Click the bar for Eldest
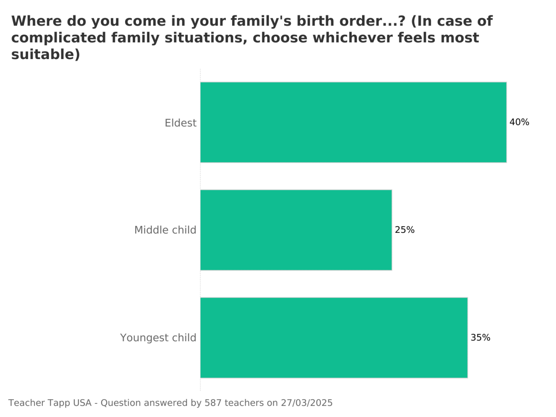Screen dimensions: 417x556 click(353, 122)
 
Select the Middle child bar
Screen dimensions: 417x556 click(296, 230)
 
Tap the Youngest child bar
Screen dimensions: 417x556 click(334, 337)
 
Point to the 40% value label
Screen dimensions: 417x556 click(519, 122)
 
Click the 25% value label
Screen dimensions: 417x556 click(405, 230)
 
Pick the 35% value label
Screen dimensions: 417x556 click(480, 338)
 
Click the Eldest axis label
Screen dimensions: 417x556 click(180, 123)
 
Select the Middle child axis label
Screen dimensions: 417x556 click(165, 230)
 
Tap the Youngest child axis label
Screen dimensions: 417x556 click(158, 338)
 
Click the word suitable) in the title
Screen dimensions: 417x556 click(46, 55)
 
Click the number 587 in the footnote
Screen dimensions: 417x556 click(213, 403)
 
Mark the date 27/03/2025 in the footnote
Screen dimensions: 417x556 click(307, 403)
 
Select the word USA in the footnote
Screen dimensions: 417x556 click(82, 403)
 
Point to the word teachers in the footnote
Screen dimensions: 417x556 click(244, 403)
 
